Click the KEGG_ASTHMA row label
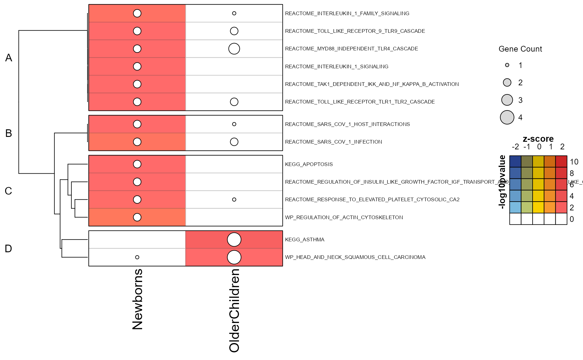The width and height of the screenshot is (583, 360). click(x=305, y=239)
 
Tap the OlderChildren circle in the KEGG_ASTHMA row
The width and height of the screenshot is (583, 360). click(x=234, y=239)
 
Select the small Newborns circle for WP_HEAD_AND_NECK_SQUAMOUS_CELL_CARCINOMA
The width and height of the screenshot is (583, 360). click(x=137, y=257)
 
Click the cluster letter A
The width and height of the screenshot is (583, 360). click(x=9, y=58)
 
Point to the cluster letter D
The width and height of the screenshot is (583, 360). click(x=9, y=249)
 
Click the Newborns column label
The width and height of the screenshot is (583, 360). click(x=138, y=299)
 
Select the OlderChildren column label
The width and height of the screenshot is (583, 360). click(x=234, y=310)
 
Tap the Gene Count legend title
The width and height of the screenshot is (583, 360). click(x=520, y=49)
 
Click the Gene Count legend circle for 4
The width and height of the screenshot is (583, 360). click(x=507, y=117)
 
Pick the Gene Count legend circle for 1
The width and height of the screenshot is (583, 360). click(x=507, y=65)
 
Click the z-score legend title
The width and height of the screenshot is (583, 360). click(x=538, y=139)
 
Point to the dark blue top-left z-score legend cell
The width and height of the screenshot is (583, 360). click(x=515, y=161)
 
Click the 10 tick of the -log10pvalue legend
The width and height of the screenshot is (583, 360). click(x=574, y=162)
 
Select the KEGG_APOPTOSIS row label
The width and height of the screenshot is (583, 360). click(x=309, y=164)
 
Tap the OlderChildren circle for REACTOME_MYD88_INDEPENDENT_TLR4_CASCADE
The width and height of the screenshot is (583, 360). click(x=234, y=49)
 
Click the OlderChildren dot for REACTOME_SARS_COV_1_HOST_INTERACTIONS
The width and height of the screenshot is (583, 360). click(x=234, y=124)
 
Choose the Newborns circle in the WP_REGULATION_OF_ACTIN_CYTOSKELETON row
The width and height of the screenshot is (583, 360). click(x=137, y=217)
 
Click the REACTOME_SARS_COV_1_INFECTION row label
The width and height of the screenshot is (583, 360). click(x=333, y=142)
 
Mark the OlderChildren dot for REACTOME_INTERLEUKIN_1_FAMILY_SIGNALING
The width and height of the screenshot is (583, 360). click(x=234, y=13)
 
